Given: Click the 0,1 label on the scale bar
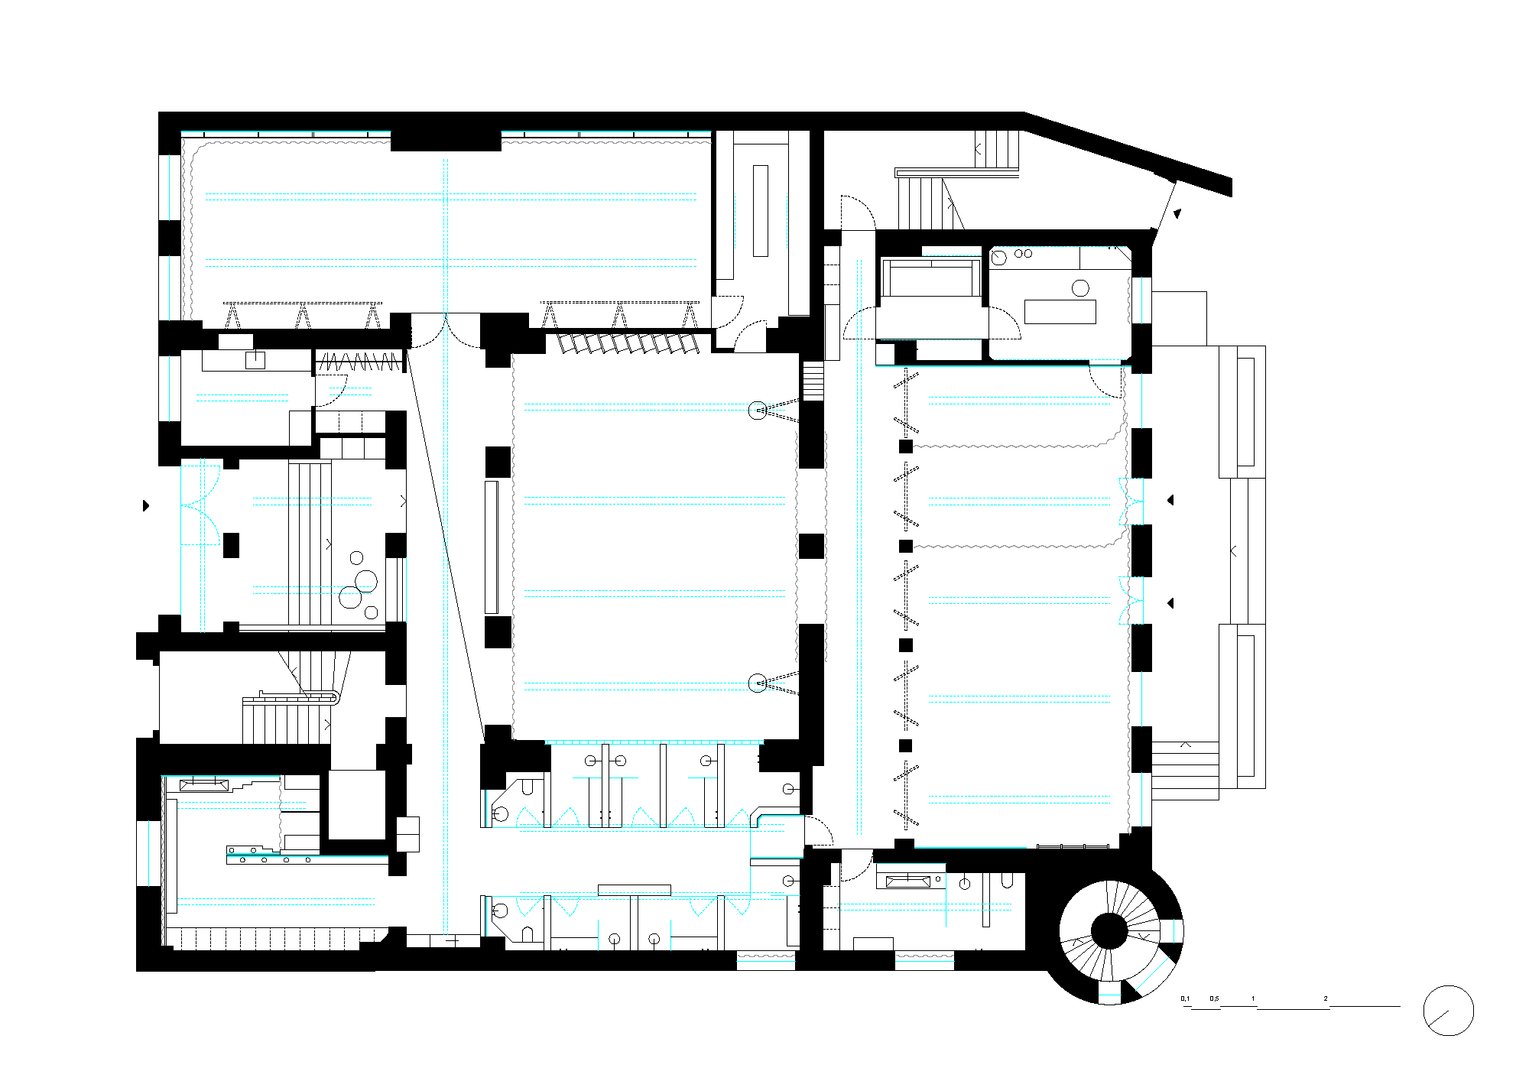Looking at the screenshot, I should tap(1185, 998).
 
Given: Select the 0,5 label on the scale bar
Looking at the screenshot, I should tap(1214, 998).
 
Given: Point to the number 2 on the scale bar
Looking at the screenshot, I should tap(1326, 998).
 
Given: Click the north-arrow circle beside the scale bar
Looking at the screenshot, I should tap(1448, 1011).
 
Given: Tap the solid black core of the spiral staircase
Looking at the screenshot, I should tap(1109, 930).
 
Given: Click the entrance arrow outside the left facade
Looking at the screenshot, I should tap(146, 505).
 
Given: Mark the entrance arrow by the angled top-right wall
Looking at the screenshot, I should tap(1178, 214).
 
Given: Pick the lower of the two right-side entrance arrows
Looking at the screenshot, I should tap(1170, 603).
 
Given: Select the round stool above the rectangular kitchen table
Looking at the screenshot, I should tap(1080, 288).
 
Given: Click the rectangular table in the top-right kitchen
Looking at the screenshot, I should tap(1060, 312).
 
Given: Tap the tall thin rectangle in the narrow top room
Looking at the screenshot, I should tap(760, 211).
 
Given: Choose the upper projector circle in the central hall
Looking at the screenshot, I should tap(757, 411).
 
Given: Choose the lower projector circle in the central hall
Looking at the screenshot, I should tap(757, 683).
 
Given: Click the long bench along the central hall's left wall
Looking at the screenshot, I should tap(491, 547).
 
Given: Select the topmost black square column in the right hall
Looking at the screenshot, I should tap(906, 446).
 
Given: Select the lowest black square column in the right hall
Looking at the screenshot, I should tap(906, 745).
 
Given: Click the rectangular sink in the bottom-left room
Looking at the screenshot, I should tap(204, 784).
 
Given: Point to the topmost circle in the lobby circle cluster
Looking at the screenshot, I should tap(356, 558).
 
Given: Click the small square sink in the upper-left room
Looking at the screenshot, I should tap(255, 360).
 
